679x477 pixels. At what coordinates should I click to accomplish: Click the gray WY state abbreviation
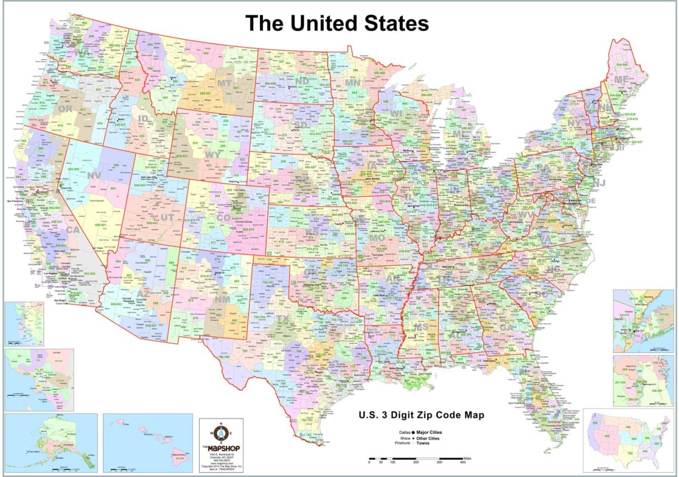pos(213,154)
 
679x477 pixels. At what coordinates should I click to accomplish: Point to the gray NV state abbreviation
pos(94,175)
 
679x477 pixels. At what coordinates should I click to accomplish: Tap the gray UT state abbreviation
pos(168,218)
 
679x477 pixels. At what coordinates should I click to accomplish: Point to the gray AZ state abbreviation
pos(143,293)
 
